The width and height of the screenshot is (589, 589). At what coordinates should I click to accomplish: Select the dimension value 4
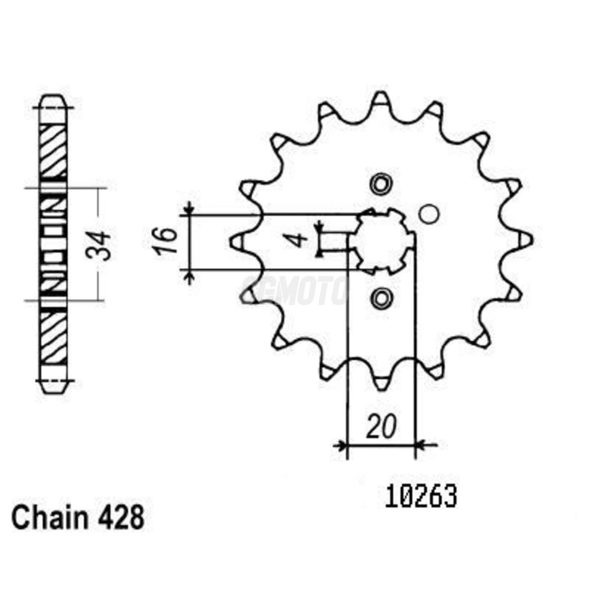300,240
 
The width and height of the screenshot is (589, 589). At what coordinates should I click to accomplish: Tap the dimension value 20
381,427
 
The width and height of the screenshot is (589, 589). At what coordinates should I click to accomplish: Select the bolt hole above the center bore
381,184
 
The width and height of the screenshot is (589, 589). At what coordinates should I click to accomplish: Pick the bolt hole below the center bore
381,298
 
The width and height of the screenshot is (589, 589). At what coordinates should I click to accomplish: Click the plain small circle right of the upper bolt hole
429,214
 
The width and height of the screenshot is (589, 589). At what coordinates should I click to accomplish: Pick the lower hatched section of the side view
53,337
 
